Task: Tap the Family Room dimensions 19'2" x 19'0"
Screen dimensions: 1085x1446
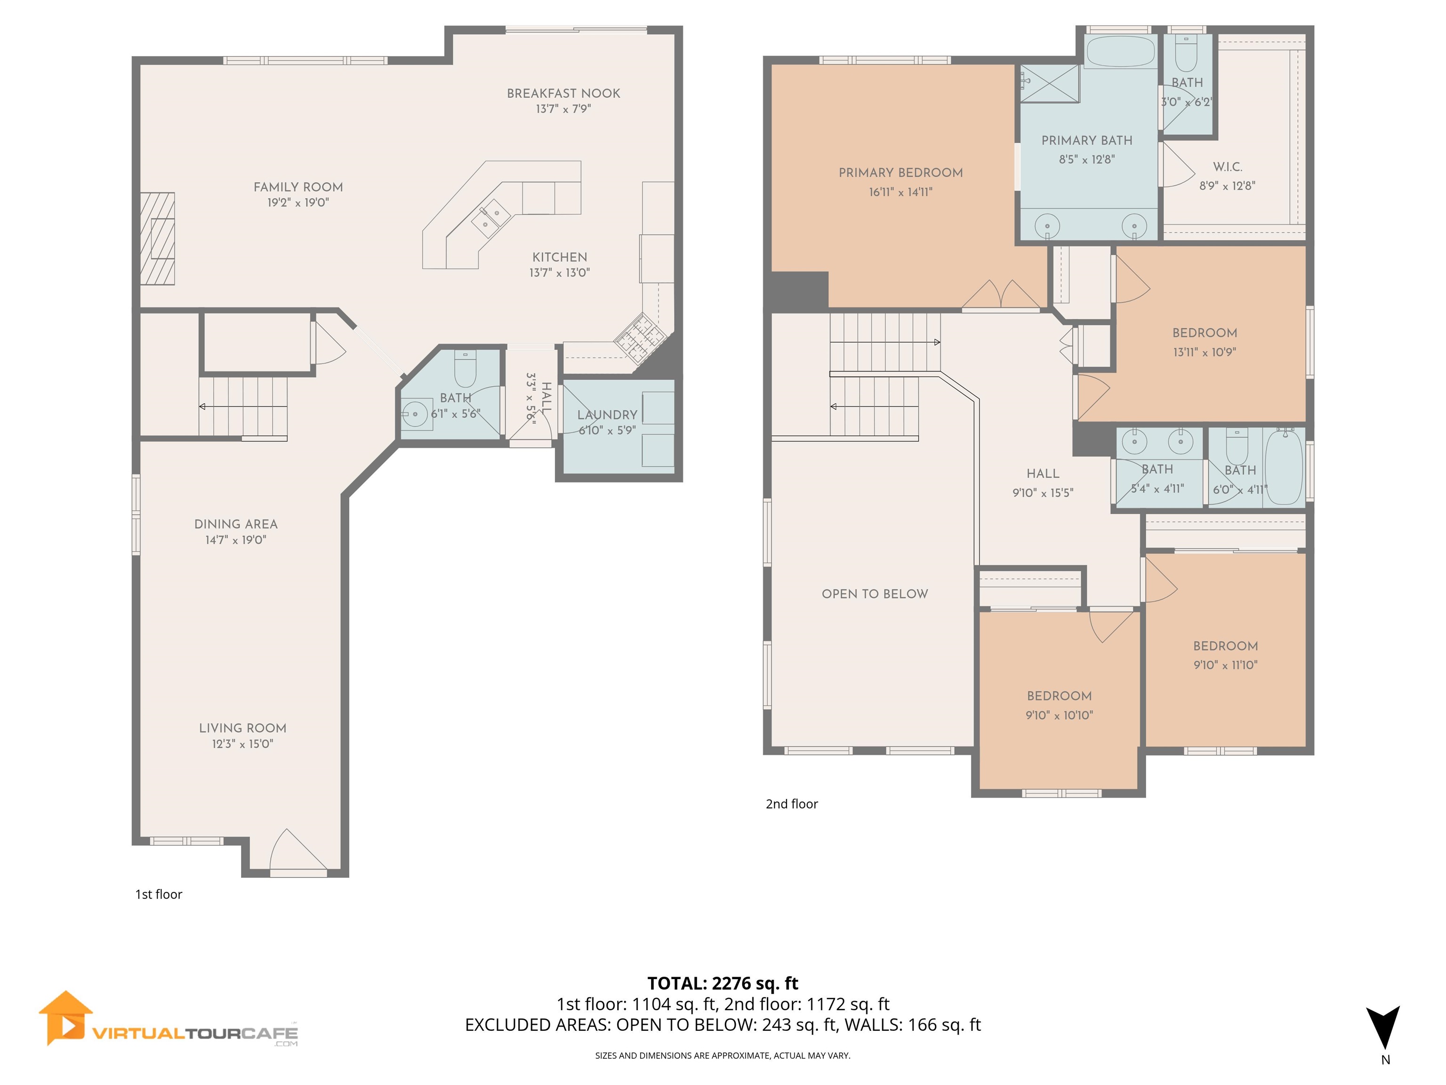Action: tap(297, 203)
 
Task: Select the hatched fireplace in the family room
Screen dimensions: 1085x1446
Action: tap(158, 239)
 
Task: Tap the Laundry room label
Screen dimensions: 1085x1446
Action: tap(607, 414)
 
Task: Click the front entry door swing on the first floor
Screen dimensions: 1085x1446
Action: tap(294, 850)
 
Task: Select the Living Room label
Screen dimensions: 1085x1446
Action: tap(242, 728)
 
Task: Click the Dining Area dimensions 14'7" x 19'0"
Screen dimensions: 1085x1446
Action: tap(235, 540)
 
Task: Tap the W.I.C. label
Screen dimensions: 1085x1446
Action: tap(1227, 167)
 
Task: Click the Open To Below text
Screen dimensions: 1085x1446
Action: tap(875, 594)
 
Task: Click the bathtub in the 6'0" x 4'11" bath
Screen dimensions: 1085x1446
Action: tap(1283, 467)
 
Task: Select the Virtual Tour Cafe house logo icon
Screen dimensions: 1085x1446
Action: tap(64, 1018)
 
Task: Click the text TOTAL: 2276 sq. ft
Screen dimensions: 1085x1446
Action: tap(723, 984)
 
